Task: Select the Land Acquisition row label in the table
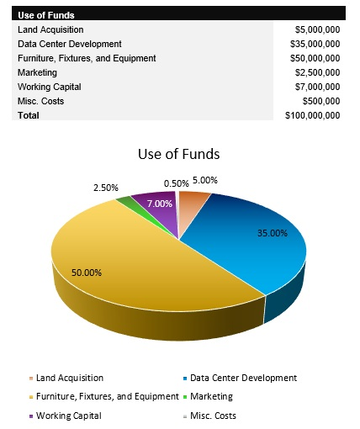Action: coord(50,29)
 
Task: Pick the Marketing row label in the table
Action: coord(38,72)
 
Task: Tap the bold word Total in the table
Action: coord(29,115)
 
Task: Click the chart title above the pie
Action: coord(178,155)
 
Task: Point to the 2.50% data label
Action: coord(105,187)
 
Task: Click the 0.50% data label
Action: coord(176,183)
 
